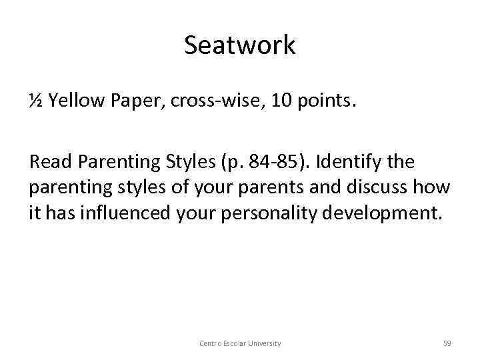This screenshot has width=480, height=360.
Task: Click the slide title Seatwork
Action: click(x=240, y=45)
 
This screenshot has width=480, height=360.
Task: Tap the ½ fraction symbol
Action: click(x=36, y=101)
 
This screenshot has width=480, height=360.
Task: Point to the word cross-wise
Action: click(x=199, y=101)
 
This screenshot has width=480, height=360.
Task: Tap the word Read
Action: click(x=48, y=161)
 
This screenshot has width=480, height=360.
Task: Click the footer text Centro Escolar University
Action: click(x=240, y=343)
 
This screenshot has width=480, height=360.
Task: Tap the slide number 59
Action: click(x=447, y=343)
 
